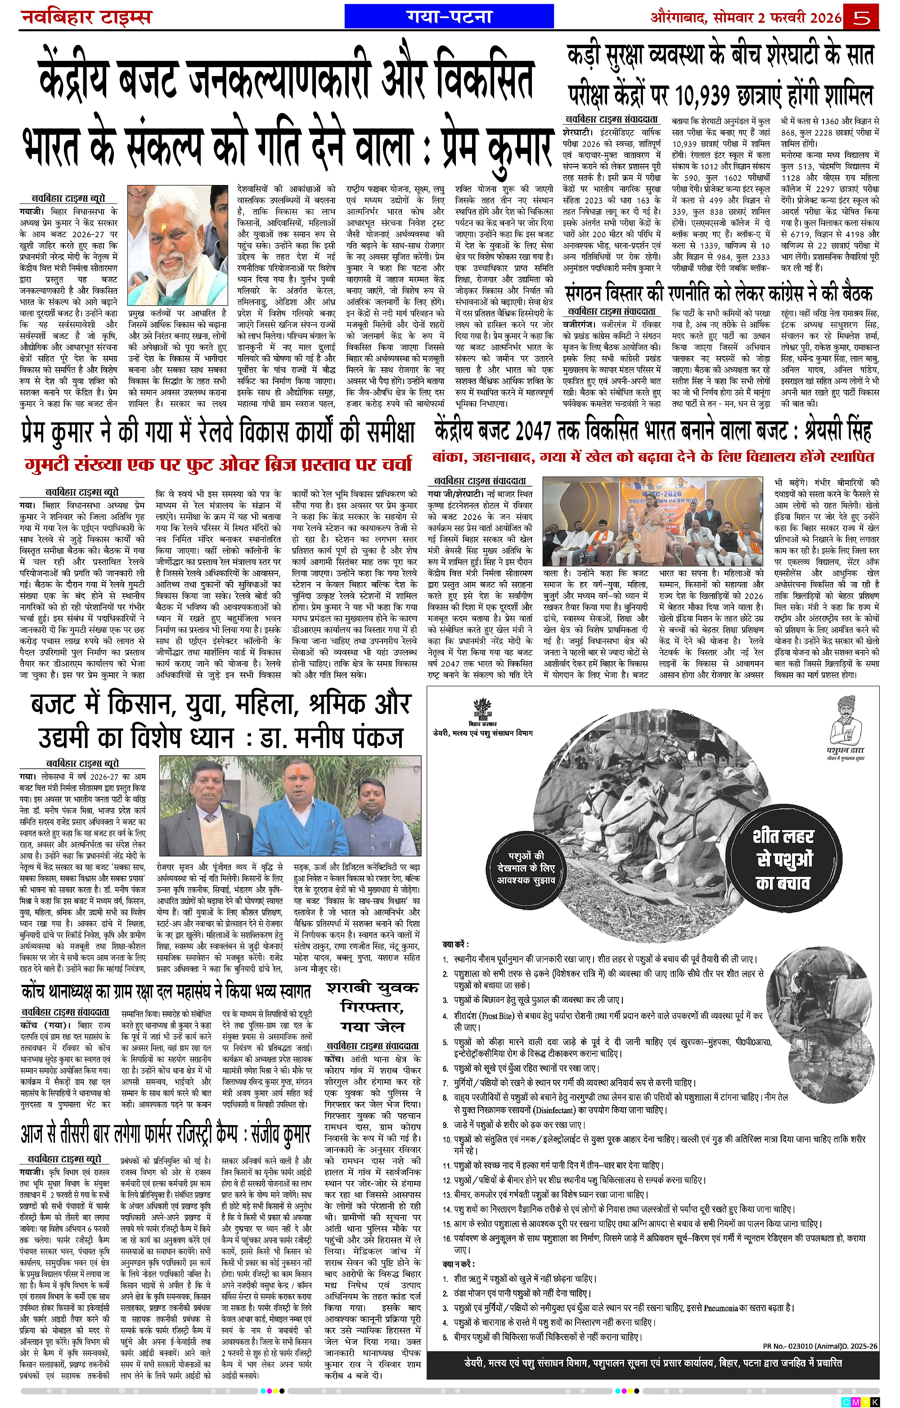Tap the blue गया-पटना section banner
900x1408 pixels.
tap(449, 16)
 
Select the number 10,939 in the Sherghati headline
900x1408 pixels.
tap(716, 95)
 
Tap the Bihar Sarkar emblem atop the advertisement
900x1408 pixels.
tap(483, 709)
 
